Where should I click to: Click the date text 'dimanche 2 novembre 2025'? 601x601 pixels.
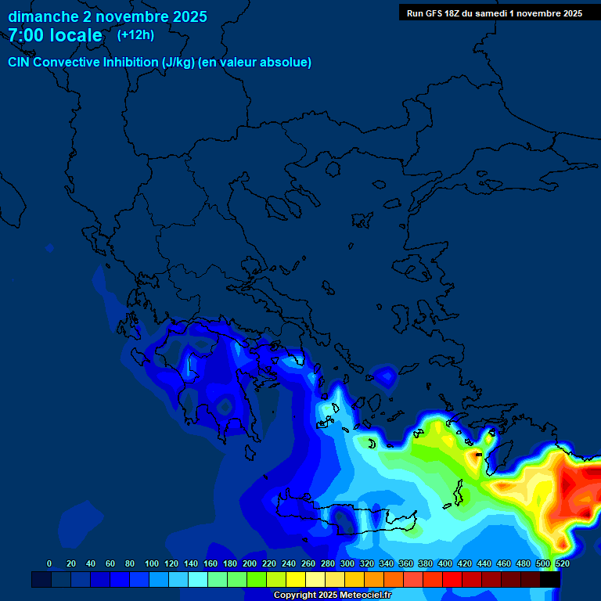[107, 16]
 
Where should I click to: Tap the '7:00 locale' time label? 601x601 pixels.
[55, 35]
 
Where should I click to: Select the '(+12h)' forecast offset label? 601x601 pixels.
[135, 34]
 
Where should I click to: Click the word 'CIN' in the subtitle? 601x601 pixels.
[19, 63]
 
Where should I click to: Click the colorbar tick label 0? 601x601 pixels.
[49, 563]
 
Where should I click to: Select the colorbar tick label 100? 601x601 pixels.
[152, 563]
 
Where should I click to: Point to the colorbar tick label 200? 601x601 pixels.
[250, 563]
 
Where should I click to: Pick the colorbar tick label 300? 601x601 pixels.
[347, 563]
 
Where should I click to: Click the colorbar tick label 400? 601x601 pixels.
[445, 563]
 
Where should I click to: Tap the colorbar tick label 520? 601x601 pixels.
[562, 563]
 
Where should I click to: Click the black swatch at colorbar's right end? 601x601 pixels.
[550, 580]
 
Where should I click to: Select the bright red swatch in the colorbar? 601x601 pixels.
[452, 580]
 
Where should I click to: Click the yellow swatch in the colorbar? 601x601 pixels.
[296, 580]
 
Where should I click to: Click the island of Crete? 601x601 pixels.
[344, 516]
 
